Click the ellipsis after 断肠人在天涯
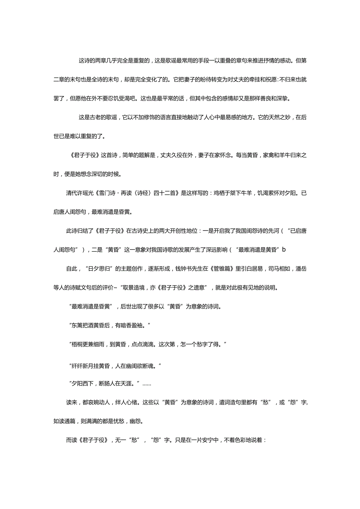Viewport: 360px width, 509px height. point(147,384)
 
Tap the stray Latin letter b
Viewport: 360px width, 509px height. point(284,249)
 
